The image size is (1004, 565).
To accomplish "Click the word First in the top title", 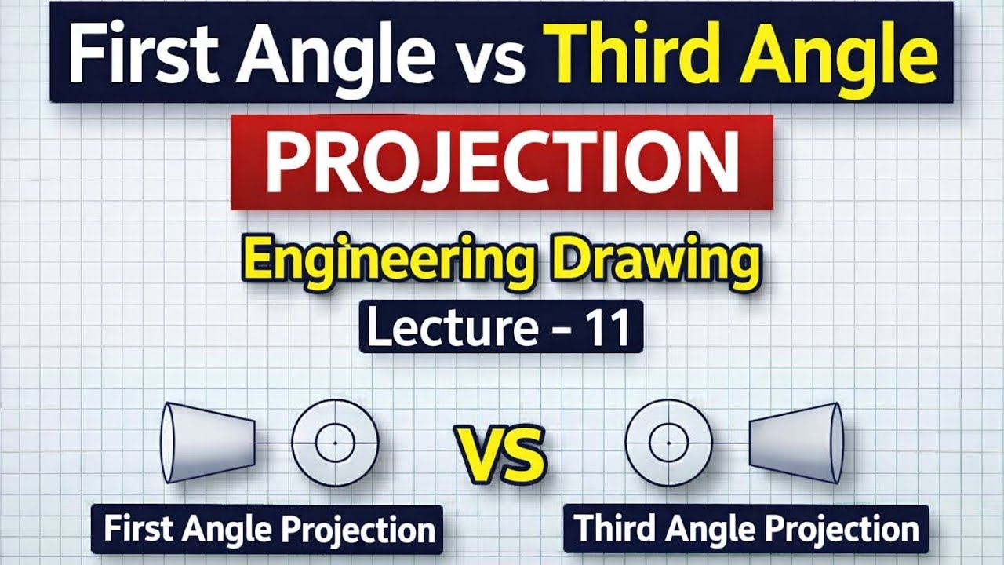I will (x=141, y=53).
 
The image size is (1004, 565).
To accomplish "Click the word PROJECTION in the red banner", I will (x=502, y=162).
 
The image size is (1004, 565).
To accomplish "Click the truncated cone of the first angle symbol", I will (x=209, y=443).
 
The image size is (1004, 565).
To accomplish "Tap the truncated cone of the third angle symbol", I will (x=795, y=443).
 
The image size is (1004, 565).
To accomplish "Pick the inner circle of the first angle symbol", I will (x=336, y=443).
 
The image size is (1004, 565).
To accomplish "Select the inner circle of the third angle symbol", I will (x=669, y=443).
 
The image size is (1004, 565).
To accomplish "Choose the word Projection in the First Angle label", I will (x=358, y=530).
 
